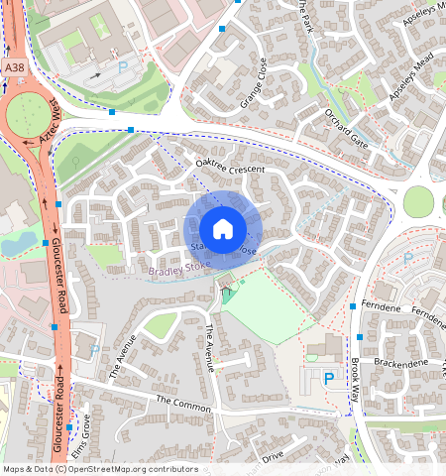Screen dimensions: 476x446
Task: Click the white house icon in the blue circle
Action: (223, 229)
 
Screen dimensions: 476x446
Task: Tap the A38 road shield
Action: (13, 66)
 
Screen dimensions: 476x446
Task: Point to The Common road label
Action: (183, 404)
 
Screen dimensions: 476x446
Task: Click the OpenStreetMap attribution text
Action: (100, 469)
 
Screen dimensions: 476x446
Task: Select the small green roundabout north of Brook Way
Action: (418, 201)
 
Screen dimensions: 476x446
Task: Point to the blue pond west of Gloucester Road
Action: (17, 242)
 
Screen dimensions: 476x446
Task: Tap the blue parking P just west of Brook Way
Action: (328, 378)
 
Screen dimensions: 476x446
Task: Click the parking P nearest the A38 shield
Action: (123, 65)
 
